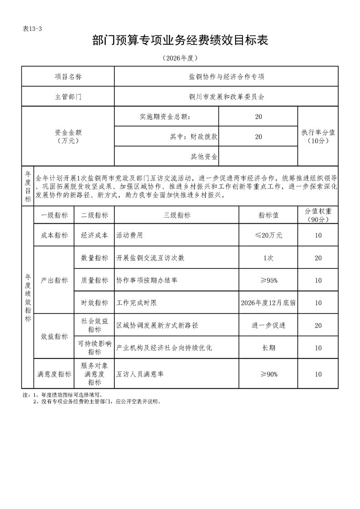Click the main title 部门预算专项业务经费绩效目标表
click(x=180, y=41)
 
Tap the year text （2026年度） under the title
click(x=180, y=58)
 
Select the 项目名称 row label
click(x=68, y=77)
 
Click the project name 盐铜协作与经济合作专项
click(x=227, y=77)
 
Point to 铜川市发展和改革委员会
click(x=227, y=97)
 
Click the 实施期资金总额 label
click(x=165, y=117)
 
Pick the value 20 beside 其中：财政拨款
click(x=258, y=137)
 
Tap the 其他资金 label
click(x=204, y=157)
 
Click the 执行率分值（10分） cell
click(x=318, y=137)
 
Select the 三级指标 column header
click(x=177, y=215)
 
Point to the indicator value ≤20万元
click(x=268, y=235)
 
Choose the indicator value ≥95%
click(x=268, y=280)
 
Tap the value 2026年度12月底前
click(x=268, y=303)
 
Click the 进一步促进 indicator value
click(x=268, y=325)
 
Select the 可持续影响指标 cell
click(x=94, y=347)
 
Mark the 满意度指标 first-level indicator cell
click(x=54, y=374)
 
